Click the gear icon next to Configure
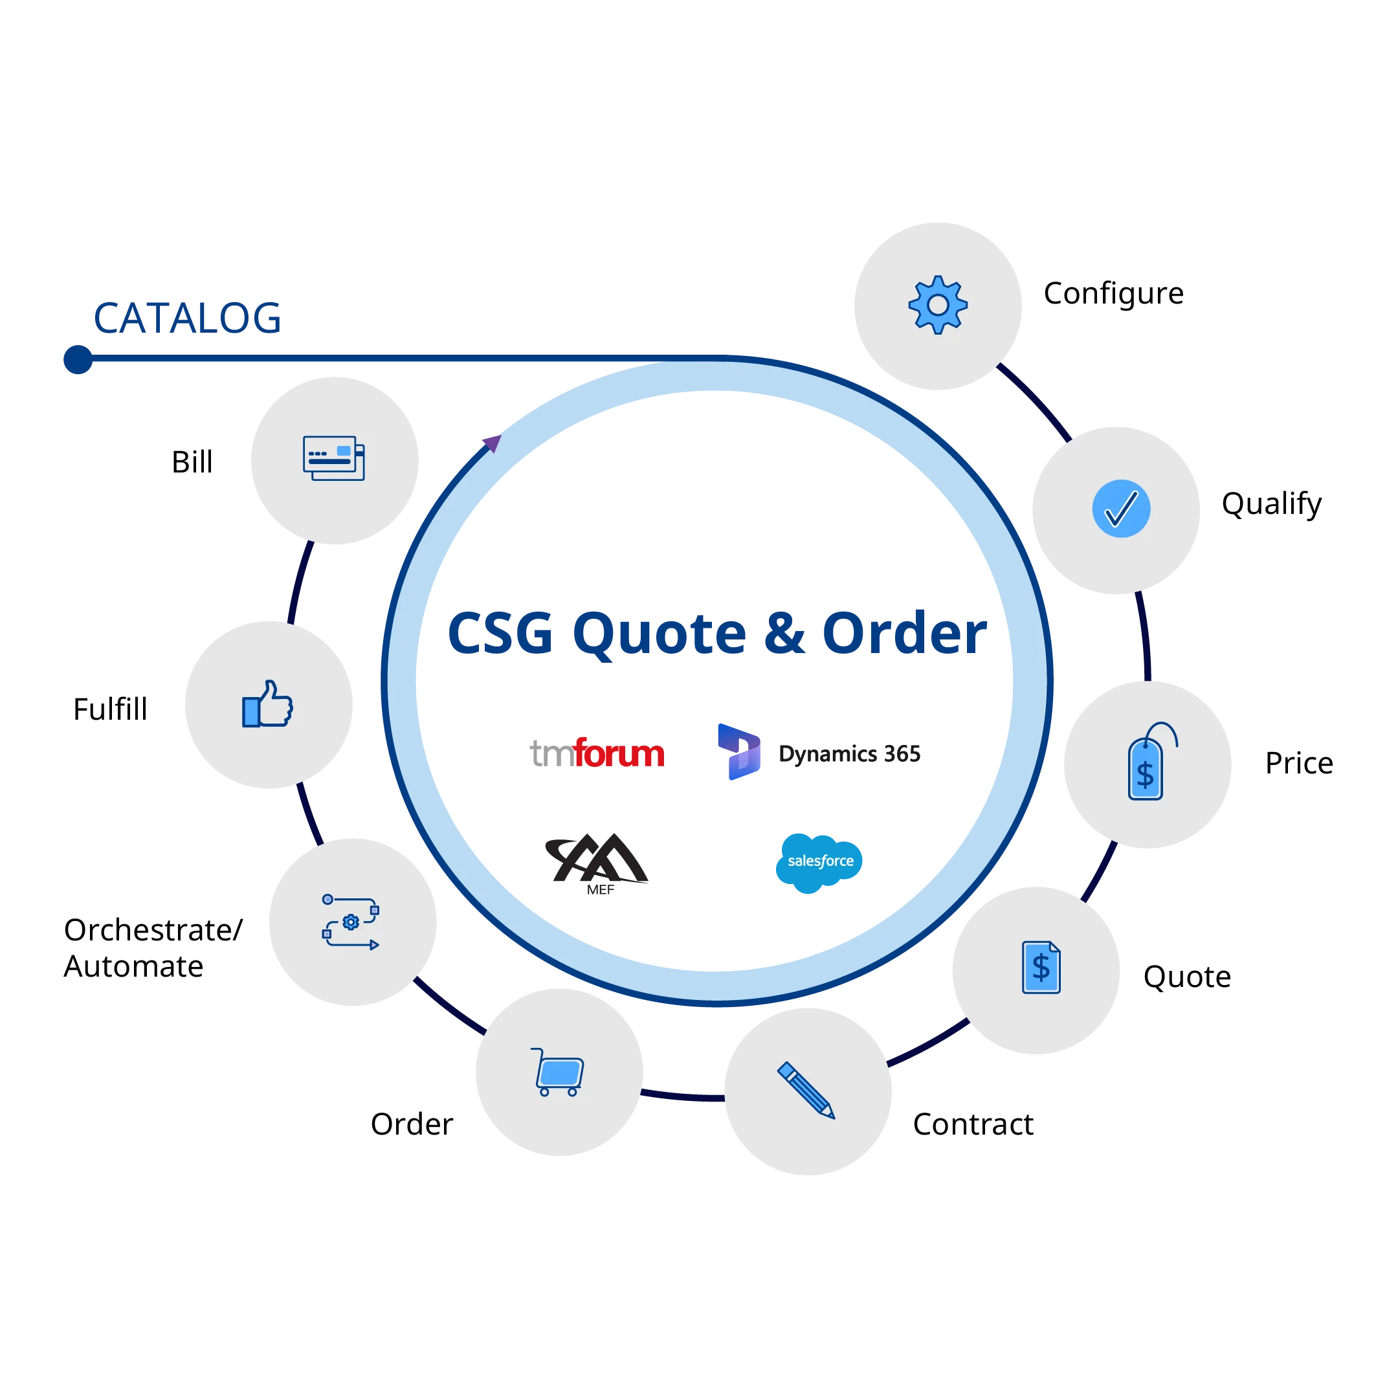(x=938, y=305)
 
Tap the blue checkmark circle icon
(x=1121, y=509)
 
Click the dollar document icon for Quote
(x=1041, y=968)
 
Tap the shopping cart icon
(x=558, y=1072)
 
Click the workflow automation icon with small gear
(x=351, y=922)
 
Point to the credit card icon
(x=333, y=458)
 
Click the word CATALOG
(x=186, y=318)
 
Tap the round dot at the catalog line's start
(x=78, y=359)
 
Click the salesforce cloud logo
(x=820, y=861)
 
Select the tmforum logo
(x=597, y=753)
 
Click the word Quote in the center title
(x=658, y=634)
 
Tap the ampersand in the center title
(x=785, y=634)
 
